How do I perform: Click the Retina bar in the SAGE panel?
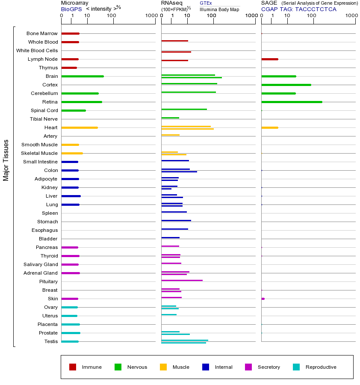[x=292, y=102]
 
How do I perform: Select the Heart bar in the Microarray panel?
[x=80, y=127]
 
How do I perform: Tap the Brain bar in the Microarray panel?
[x=83, y=76]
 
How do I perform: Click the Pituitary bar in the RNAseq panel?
[x=182, y=280]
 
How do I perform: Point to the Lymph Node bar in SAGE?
[x=270, y=59]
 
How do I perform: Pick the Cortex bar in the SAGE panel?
[x=286, y=85]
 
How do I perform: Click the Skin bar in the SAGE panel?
[x=263, y=299]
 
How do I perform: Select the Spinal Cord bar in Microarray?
[x=74, y=110]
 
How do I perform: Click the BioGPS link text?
[x=71, y=9]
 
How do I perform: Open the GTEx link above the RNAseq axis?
[x=206, y=3]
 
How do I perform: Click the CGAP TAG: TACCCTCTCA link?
[x=299, y=9]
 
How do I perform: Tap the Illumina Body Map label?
[x=219, y=9]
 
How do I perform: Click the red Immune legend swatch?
[x=73, y=367]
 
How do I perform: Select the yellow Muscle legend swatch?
[x=163, y=367]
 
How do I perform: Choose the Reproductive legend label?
[x=321, y=367]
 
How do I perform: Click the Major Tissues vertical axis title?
[x=6, y=160]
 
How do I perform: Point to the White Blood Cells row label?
[x=37, y=50]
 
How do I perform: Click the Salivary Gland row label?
[x=41, y=264]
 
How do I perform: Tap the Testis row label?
[x=51, y=341]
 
